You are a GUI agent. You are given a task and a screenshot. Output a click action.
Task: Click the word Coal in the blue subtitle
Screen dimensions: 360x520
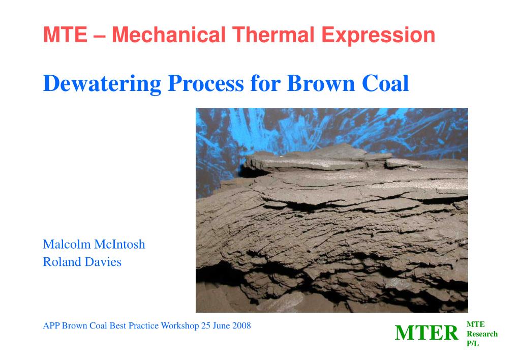point(385,83)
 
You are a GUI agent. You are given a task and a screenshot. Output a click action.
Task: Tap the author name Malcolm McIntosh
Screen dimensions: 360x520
point(94,245)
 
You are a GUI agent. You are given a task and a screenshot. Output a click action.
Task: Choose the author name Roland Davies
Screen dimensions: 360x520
point(82,262)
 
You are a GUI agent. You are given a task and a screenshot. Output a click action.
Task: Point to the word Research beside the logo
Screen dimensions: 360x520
point(482,334)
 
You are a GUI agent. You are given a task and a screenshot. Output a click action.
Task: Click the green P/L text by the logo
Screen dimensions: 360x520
point(473,344)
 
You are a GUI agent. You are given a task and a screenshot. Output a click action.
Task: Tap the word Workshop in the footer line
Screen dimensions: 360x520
point(180,326)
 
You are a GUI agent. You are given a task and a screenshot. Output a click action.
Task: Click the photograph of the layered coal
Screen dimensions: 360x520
point(331,210)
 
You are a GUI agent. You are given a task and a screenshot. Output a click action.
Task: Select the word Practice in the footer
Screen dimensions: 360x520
point(143,326)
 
